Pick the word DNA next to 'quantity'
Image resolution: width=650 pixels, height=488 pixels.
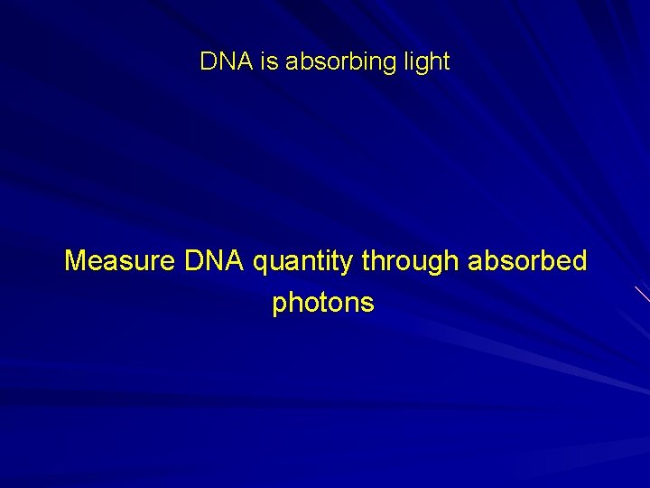[x=215, y=261]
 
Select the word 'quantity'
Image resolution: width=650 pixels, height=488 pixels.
[x=303, y=263]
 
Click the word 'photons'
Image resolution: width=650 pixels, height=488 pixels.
[x=323, y=304]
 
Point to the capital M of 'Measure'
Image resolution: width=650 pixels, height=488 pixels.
[x=77, y=261]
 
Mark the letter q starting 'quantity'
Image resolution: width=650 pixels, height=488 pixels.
[x=261, y=264]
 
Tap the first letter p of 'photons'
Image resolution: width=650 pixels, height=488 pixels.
[x=279, y=305]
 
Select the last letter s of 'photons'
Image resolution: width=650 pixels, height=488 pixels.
[x=367, y=304]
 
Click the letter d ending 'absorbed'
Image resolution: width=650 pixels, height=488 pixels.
[x=579, y=261]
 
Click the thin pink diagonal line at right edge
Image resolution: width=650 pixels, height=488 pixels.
[x=642, y=293]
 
